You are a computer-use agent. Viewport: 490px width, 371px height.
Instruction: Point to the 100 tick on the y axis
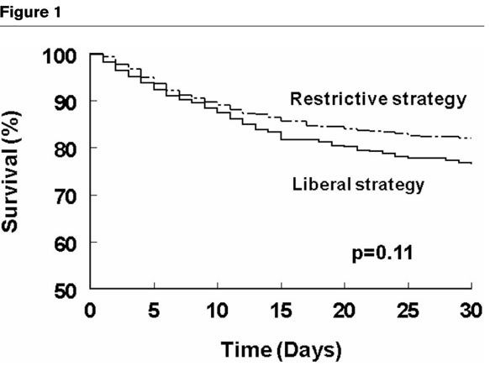(x=63, y=55)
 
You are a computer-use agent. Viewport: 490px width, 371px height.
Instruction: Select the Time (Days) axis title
(x=281, y=346)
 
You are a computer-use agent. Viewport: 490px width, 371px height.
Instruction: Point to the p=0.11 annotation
(x=379, y=250)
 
